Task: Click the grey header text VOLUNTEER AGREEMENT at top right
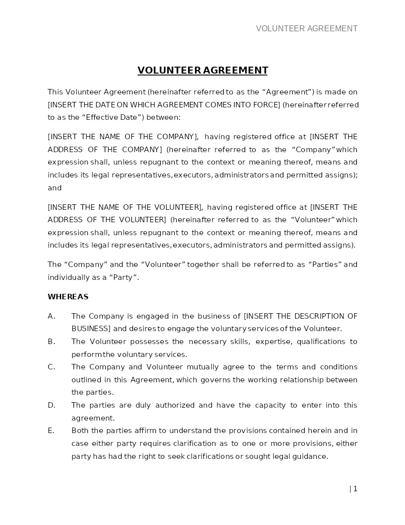pos(306,28)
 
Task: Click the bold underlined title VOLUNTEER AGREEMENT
pos(202,70)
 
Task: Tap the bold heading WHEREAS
pos(68,297)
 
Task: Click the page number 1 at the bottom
pos(355,489)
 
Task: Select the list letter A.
pos(51,316)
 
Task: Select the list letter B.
pos(51,342)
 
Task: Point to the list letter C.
pos(51,367)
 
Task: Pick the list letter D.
pos(51,405)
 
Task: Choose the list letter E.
pos(51,431)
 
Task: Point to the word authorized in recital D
pos(176,405)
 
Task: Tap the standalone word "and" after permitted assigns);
pos(55,188)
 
